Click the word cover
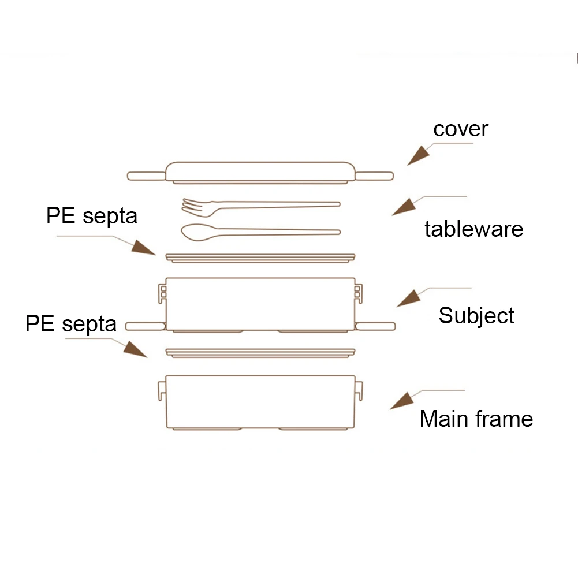(461, 129)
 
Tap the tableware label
(473, 229)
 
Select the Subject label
(476, 315)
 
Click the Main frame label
(476, 419)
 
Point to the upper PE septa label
(92, 216)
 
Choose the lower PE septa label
(71, 324)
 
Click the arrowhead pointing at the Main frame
(401, 401)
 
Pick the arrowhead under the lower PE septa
(135, 349)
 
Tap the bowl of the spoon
(198, 232)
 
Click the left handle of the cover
(146, 176)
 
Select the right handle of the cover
(374, 176)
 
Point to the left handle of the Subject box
(146, 326)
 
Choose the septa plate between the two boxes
(260, 353)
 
